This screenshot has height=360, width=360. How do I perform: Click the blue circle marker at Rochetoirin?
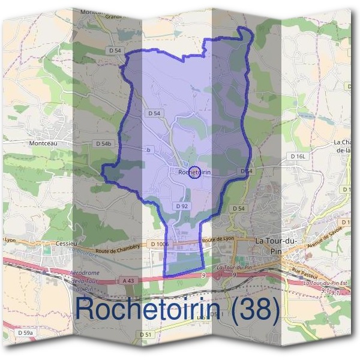[x=194, y=173]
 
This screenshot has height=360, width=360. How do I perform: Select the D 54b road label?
[x=104, y=144]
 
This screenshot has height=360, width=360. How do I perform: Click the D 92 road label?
[x=183, y=206]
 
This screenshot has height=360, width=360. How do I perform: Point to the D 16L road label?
[x=298, y=156]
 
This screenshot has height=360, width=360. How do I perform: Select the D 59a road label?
[x=25, y=332]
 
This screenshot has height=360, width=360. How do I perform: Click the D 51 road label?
[x=146, y=334]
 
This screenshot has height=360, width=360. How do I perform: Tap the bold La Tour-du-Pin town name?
[x=277, y=245]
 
